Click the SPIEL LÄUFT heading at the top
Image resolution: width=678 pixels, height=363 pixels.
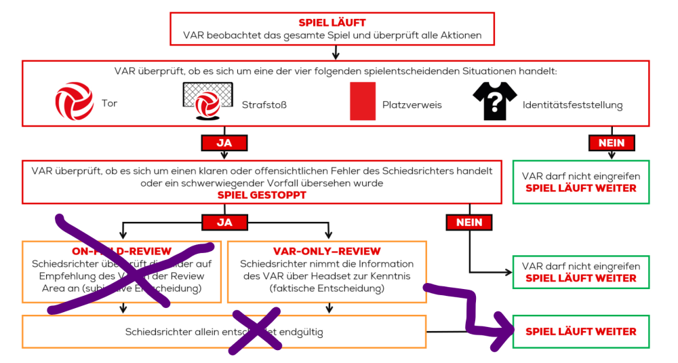tap(332, 23)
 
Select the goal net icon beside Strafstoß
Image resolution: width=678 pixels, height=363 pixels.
tap(207, 100)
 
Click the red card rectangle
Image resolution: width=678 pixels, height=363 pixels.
tap(363, 101)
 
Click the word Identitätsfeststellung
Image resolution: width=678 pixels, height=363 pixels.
tap(572, 105)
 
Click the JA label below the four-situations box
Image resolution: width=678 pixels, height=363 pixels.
tap(224, 143)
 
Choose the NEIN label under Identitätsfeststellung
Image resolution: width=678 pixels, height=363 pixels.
tap(612, 143)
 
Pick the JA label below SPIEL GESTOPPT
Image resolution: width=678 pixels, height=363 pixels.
tap(224, 222)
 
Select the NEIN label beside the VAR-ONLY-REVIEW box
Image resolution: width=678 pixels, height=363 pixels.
tap(469, 222)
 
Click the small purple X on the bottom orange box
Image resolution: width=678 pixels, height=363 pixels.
tap(254, 330)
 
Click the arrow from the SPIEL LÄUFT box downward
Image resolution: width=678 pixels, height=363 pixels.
tap(336, 52)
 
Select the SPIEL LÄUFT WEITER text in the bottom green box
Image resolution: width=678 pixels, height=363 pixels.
tap(581, 332)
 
